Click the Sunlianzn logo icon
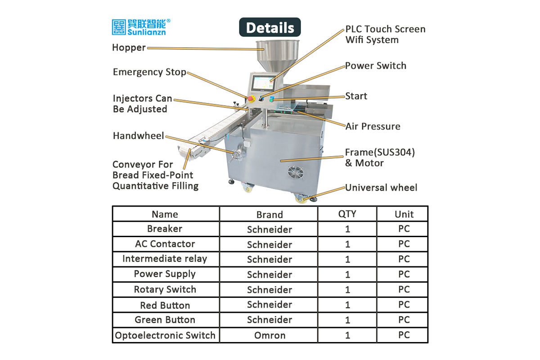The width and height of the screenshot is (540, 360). click(x=119, y=27)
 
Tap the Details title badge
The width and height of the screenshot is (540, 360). click(x=270, y=27)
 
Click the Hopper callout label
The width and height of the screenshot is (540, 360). click(x=129, y=48)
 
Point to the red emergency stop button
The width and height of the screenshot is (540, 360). click(x=251, y=99)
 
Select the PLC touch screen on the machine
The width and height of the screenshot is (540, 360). click(x=264, y=83)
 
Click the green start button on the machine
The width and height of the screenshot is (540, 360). click(x=272, y=99)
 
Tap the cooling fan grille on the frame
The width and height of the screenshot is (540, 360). click(x=296, y=172)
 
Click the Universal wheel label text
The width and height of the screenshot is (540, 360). click(x=381, y=188)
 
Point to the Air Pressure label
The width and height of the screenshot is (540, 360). click(x=373, y=126)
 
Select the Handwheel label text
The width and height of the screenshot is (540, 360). click(x=139, y=136)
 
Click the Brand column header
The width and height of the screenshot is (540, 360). click(x=269, y=214)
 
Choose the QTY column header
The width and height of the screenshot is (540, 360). click(x=347, y=214)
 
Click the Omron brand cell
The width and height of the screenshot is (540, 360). click(x=270, y=335)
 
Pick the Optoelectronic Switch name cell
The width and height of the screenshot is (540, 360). click(x=165, y=335)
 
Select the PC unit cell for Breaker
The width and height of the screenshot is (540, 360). click(x=404, y=229)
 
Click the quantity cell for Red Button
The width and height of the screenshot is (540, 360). click(x=347, y=305)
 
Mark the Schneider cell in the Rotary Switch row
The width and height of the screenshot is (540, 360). click(x=269, y=290)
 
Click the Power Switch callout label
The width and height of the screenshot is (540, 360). click(x=375, y=66)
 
